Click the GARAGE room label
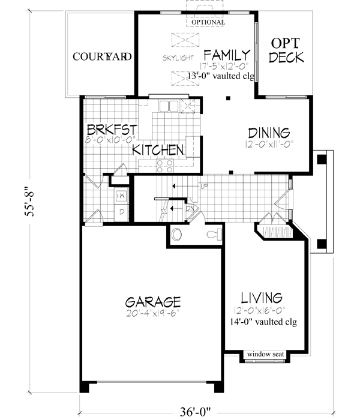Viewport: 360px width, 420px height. pyautogui.click(x=153, y=300)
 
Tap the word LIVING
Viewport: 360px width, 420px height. pyautogui.click(x=262, y=298)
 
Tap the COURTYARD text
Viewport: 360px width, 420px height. pyautogui.click(x=102, y=57)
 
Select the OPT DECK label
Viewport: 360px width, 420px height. pyautogui.click(x=287, y=51)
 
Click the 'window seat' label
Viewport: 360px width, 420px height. pyautogui.click(x=264, y=353)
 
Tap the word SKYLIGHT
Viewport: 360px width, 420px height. pyautogui.click(x=177, y=58)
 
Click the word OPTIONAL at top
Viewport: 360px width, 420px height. pyautogui.click(x=208, y=22)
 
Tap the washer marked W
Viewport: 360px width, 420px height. pyautogui.click(x=121, y=195)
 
